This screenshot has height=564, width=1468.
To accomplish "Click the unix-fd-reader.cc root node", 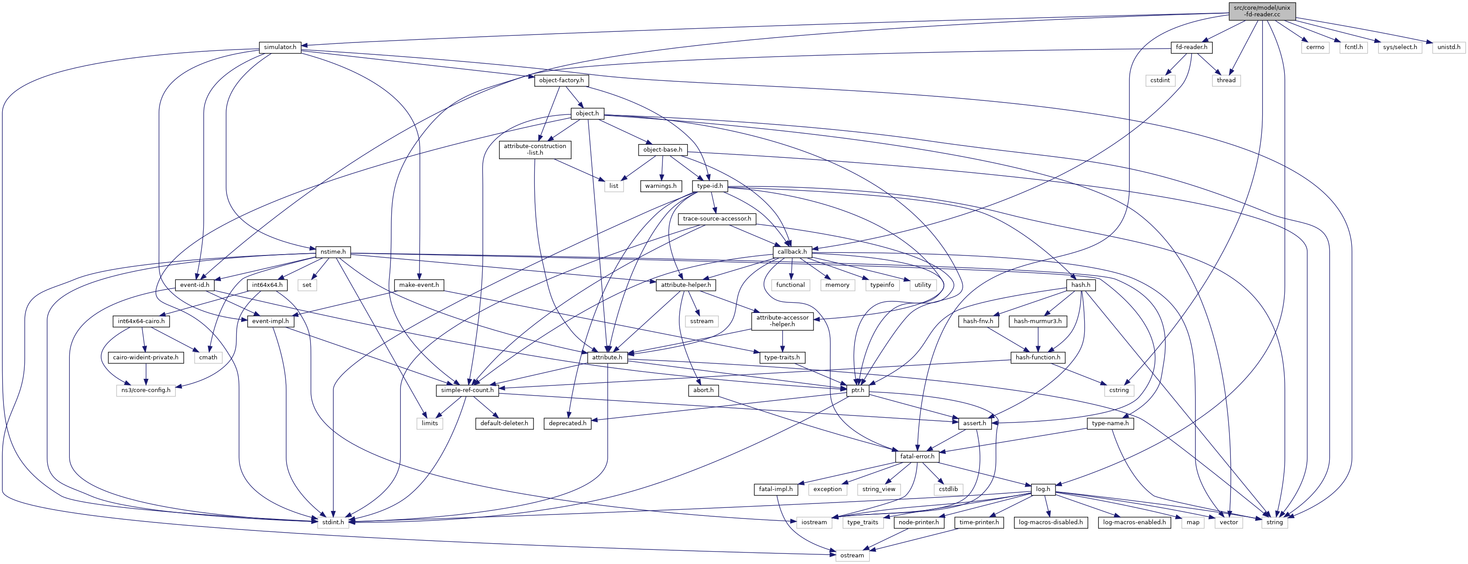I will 1262,11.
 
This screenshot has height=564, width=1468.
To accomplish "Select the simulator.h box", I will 280,47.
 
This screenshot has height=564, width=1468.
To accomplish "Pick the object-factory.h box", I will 561,80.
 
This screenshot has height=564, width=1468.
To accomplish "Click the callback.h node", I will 792,252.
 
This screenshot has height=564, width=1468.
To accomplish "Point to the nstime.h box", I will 333,252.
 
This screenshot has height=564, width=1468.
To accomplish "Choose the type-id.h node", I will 710,186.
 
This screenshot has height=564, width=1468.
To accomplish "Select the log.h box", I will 1043,489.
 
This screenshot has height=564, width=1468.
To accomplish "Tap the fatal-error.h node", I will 916,456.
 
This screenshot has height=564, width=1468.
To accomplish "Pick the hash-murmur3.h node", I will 1038,321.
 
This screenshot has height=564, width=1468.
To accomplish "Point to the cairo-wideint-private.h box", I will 146,358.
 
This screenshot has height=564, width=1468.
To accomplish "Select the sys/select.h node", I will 1400,47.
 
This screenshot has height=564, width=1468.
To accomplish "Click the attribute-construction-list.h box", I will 534,149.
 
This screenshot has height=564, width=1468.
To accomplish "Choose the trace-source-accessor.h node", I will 717,219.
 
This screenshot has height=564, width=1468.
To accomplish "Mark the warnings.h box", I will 661,186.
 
